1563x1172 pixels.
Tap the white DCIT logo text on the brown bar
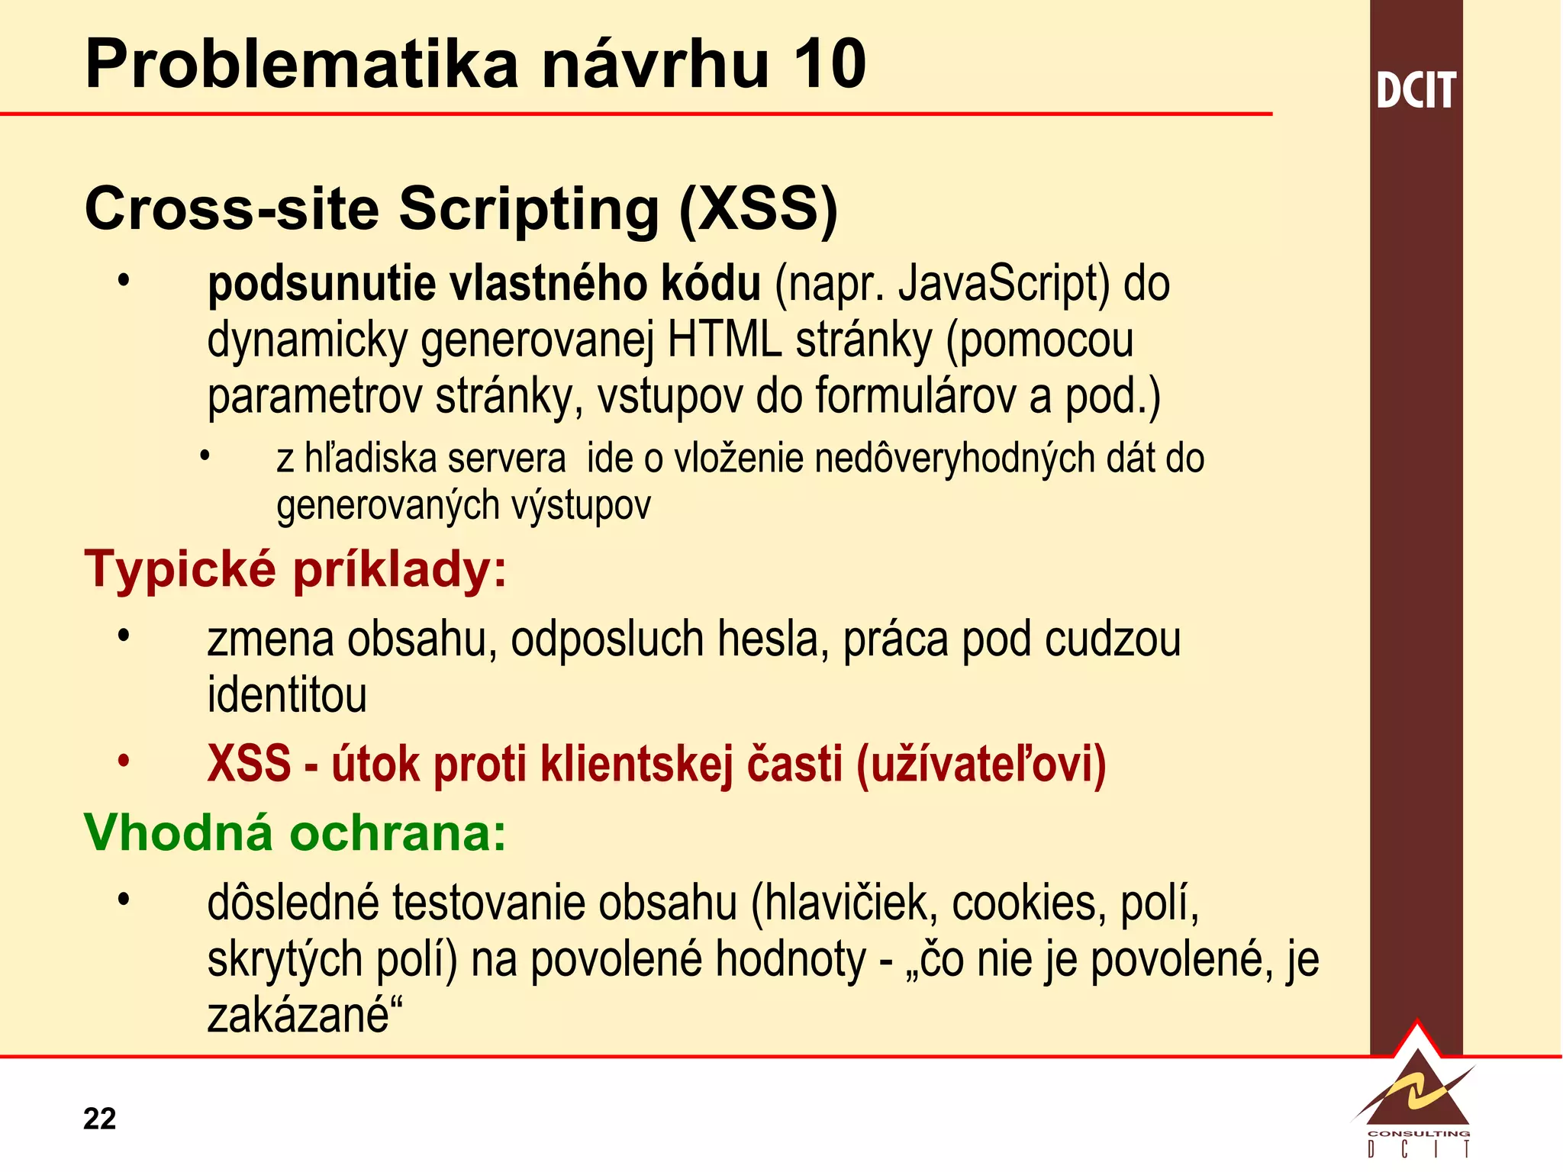coord(1416,91)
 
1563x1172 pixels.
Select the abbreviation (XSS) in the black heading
coord(759,209)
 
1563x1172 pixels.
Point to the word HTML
coord(724,340)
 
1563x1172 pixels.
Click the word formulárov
coord(915,397)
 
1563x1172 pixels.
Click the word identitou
coord(287,696)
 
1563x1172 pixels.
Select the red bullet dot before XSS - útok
coord(124,761)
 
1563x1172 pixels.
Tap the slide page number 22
coord(99,1119)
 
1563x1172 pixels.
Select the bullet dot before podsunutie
coord(124,281)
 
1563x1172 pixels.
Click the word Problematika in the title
coord(302,64)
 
